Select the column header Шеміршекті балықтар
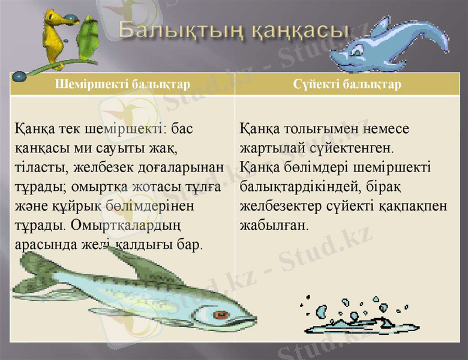point(122,85)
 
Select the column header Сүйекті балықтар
point(347,85)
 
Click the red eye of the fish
point(221,314)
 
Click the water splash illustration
point(354,315)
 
